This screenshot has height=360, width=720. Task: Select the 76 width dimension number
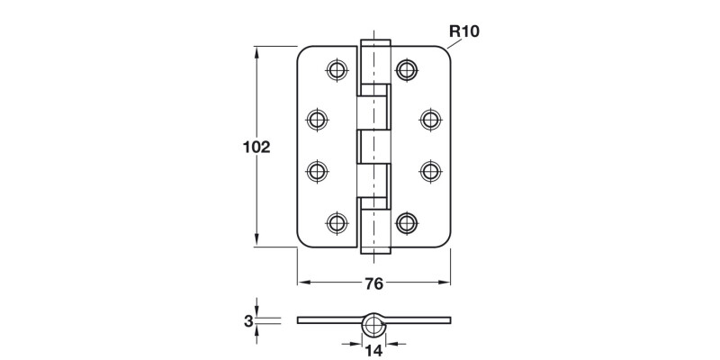(x=374, y=283)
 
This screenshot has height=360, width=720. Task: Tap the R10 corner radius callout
(x=463, y=31)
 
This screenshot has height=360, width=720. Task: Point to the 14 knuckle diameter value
(x=374, y=351)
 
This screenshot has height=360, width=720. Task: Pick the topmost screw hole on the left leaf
(x=337, y=69)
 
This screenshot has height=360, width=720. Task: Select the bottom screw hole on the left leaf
(x=337, y=221)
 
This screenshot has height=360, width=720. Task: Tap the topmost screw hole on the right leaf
(x=408, y=69)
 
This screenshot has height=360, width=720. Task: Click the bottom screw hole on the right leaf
(x=408, y=221)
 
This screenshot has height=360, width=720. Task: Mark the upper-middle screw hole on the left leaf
(x=317, y=119)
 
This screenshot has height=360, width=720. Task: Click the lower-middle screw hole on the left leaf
(x=317, y=171)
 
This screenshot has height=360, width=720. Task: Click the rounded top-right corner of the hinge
(x=445, y=53)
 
